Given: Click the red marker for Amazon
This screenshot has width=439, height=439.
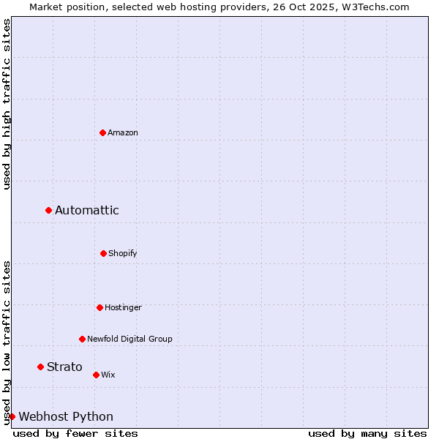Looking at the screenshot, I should (102, 132).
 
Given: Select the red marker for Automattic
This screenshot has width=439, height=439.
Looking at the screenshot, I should (48, 211).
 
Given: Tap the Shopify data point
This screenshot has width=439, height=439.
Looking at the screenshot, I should (103, 253).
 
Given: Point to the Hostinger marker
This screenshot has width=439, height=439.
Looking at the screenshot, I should (100, 307).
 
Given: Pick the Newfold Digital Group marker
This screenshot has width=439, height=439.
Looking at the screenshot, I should (82, 339).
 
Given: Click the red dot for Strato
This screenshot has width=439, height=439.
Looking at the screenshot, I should (40, 367).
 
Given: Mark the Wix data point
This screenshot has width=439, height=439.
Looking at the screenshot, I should (96, 375).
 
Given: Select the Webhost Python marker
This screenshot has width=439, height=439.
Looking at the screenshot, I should (12, 416).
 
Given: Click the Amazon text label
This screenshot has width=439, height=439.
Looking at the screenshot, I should (123, 132).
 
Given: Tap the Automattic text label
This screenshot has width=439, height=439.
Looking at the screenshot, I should (86, 211).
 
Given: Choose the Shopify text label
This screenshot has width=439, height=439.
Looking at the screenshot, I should (123, 253).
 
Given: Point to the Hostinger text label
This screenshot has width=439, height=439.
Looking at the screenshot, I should (123, 307).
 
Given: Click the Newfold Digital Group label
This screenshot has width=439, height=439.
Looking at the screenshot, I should (130, 339).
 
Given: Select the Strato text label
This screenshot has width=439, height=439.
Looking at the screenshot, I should (64, 367).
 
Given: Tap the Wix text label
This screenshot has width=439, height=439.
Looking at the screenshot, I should (108, 375).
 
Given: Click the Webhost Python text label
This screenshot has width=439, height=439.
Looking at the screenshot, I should (66, 416).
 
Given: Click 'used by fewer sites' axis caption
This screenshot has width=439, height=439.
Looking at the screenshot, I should (75, 433).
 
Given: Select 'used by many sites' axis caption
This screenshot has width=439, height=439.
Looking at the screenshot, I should (367, 433).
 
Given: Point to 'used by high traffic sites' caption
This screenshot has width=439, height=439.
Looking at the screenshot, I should (7, 104).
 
